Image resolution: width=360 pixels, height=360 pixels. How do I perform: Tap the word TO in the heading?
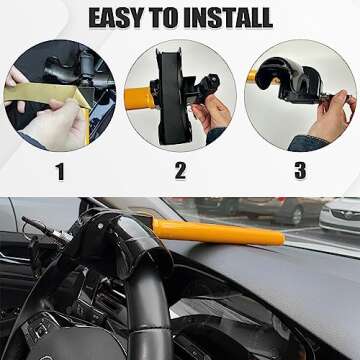172,17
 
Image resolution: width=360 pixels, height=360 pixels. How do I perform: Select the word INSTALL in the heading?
233,17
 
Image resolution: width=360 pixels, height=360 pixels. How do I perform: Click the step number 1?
59,171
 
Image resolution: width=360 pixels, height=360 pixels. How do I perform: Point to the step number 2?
180,171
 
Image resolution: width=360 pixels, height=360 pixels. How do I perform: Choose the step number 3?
299,171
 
